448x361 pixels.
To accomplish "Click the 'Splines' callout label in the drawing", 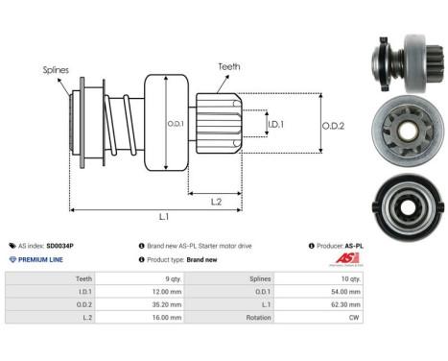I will [56, 69].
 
